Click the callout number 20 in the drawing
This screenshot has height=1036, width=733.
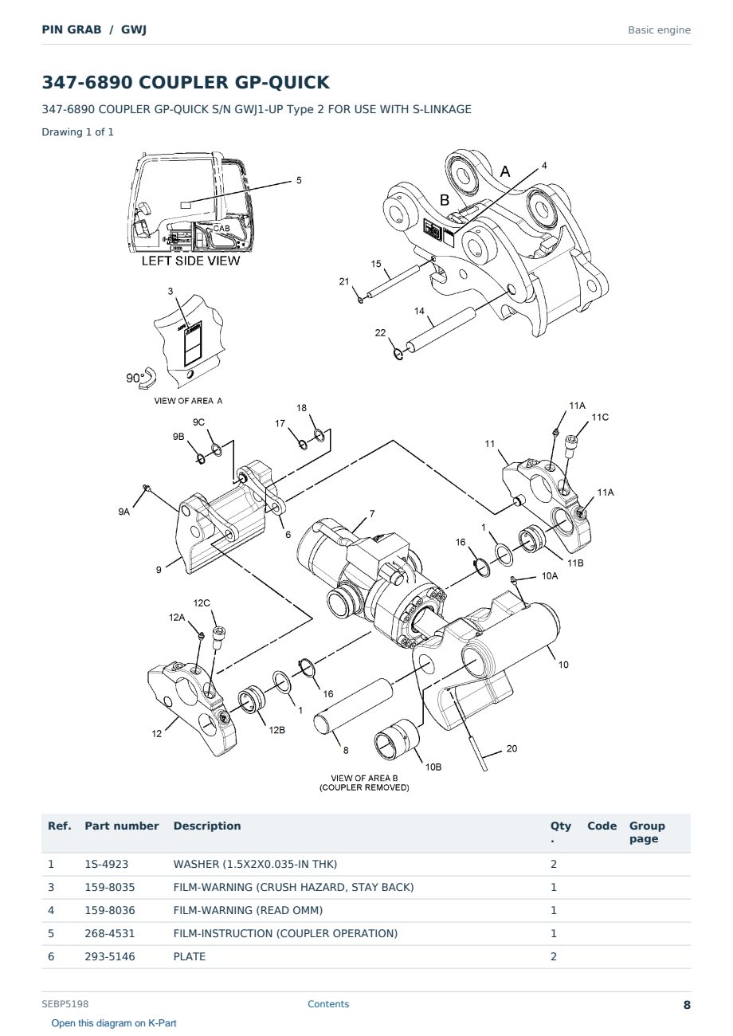(x=512, y=748)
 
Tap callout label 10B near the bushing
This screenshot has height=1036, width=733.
(x=433, y=767)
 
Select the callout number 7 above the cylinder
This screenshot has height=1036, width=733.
(x=372, y=513)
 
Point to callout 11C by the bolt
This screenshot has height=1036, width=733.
(x=600, y=417)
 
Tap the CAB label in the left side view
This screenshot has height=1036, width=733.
(x=221, y=229)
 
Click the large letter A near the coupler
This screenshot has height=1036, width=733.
(x=505, y=171)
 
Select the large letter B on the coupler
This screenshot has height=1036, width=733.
(x=445, y=200)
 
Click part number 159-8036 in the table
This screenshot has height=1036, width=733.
(x=110, y=910)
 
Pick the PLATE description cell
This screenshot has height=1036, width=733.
(x=189, y=956)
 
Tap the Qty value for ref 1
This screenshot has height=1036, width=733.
(x=554, y=864)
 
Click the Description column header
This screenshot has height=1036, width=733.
(x=207, y=826)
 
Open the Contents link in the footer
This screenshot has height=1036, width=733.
(x=328, y=1004)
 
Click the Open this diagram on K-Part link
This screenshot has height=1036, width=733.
(x=114, y=1023)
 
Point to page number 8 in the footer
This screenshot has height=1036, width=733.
(x=687, y=1005)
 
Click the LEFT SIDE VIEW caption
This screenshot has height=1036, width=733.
(x=190, y=261)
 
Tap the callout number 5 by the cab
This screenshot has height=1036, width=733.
(x=299, y=180)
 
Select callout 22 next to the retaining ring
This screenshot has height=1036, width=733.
(x=380, y=332)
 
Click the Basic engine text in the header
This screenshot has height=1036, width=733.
(x=659, y=30)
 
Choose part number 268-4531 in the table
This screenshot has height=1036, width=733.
(x=110, y=933)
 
